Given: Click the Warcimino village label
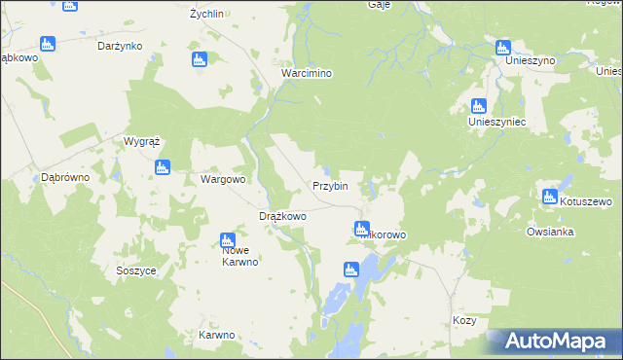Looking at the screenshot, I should pos(307,74).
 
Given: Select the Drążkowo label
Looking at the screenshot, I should pos(282,216).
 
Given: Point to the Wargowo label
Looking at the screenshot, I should pos(223,180).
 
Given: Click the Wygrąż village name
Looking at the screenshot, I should pos(141,141).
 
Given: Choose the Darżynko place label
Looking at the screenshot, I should pos(121,46).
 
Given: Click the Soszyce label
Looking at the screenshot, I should pos(135,270).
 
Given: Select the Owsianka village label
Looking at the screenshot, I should pos(550,233).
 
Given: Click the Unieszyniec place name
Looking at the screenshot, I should pos(496,123).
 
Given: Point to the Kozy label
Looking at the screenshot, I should pos(465,320).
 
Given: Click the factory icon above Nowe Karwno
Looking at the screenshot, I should pos(228,239).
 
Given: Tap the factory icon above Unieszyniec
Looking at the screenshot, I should pos(478,106).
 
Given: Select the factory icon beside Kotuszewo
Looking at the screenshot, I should pos(550,197).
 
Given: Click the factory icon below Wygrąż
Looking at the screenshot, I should pos(163,167).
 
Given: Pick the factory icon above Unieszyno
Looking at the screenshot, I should pos(503,47).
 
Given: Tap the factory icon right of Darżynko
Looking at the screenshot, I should pos(200,60).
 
